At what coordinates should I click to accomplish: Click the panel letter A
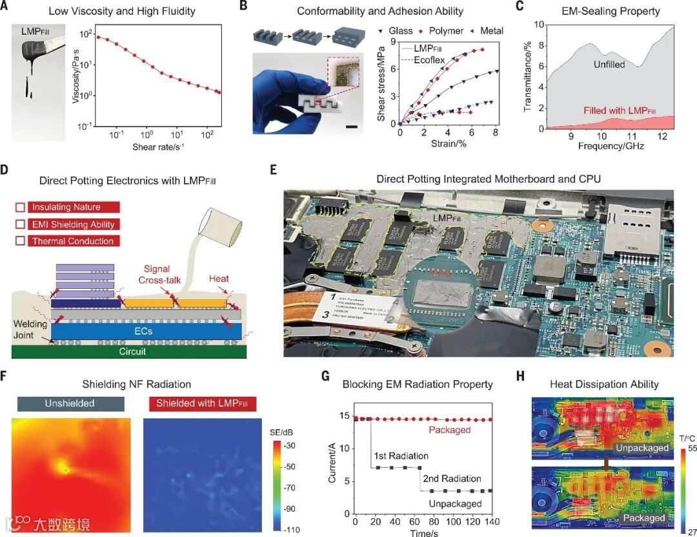(x=6, y=8)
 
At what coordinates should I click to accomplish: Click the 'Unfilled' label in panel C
(x=610, y=65)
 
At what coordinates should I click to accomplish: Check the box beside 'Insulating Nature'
(x=20, y=207)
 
